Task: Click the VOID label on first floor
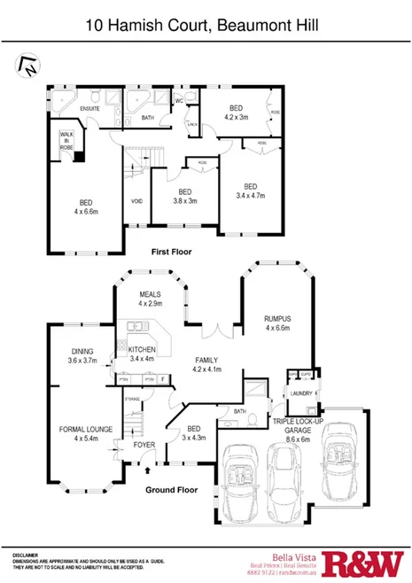click(137, 201)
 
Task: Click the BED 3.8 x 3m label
click(184, 197)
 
